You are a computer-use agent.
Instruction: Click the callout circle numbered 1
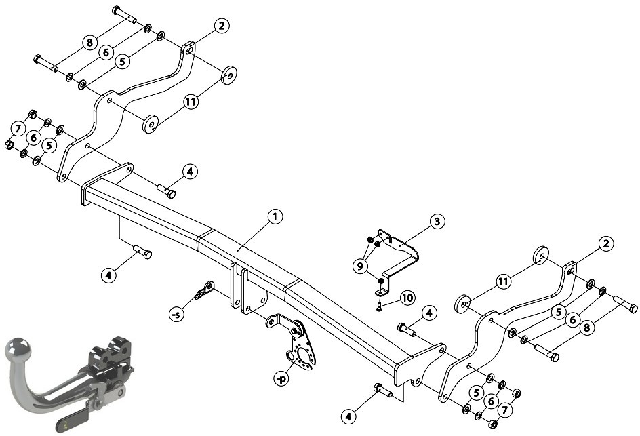pos(275,217)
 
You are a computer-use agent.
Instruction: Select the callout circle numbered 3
pos(437,222)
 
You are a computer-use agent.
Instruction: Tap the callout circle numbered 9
pos(360,266)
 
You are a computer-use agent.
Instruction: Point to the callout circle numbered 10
pos(407,298)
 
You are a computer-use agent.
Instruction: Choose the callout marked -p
pos(281,378)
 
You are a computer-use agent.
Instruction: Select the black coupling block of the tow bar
pos(111,359)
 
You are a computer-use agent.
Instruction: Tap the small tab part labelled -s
pos(204,290)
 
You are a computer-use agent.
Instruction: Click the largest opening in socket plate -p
pos(303,354)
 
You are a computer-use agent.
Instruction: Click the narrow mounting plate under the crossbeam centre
pos(235,285)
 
